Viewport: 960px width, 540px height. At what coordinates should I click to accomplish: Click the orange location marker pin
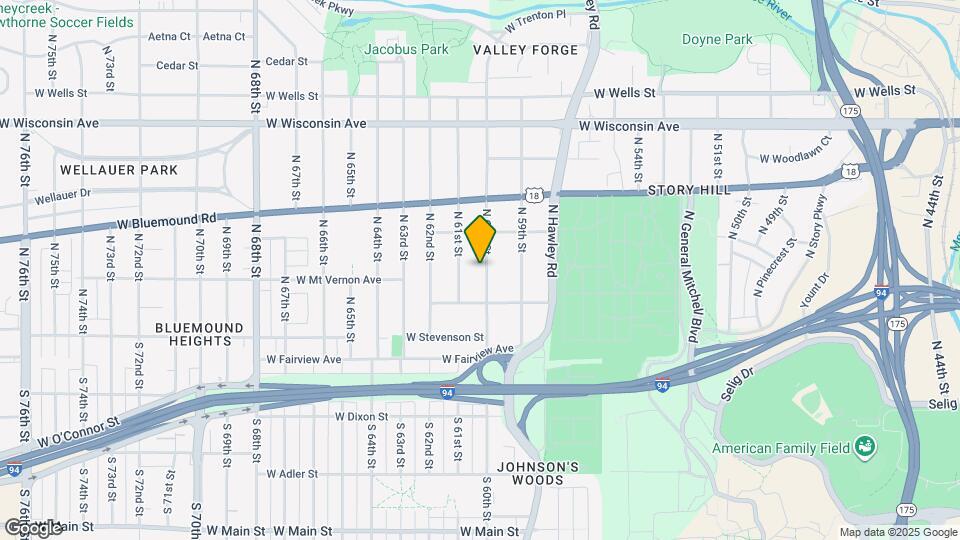[481, 238]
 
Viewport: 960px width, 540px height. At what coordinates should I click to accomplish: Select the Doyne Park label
[716, 40]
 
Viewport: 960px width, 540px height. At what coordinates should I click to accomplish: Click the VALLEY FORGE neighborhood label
[525, 50]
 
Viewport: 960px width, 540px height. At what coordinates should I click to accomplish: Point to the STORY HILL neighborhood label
[683, 190]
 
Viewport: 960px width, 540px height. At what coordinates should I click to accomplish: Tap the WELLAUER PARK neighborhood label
[118, 170]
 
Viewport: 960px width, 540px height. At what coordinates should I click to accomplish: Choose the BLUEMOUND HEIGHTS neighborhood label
[199, 334]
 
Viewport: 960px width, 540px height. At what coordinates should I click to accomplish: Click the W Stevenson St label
[445, 338]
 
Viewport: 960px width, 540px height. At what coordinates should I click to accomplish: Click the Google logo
[32, 527]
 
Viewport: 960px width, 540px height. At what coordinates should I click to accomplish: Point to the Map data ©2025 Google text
[897, 532]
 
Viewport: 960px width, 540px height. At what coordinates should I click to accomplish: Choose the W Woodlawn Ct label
[795, 157]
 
